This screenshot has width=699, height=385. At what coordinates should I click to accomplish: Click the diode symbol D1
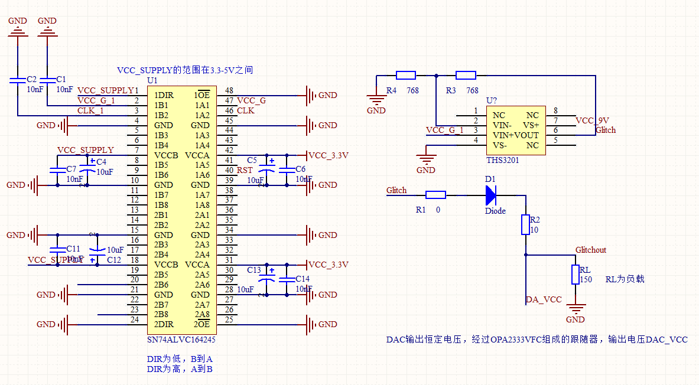tap(490, 194)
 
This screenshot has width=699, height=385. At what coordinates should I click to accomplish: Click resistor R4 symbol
tap(406, 75)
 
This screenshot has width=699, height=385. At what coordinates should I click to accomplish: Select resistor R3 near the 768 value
tap(466, 75)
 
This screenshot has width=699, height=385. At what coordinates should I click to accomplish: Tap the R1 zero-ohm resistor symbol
tap(436, 195)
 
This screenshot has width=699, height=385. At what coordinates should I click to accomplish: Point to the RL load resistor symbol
tap(576, 275)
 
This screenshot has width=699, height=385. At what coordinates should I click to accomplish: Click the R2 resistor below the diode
tap(525, 225)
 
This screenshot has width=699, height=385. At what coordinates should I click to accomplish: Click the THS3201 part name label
tap(502, 160)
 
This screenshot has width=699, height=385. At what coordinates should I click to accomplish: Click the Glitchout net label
tap(591, 250)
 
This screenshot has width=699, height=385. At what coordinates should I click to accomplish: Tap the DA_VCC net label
tap(544, 300)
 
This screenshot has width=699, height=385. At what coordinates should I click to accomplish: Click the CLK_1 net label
tap(90, 110)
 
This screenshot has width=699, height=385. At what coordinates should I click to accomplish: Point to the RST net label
tap(245, 170)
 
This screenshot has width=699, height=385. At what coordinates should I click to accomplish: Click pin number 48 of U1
tap(229, 90)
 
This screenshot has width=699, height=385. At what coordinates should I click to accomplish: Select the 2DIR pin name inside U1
tap(164, 324)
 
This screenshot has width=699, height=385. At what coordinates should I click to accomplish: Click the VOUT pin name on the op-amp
tap(527, 135)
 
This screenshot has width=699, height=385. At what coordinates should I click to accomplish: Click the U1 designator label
tap(152, 80)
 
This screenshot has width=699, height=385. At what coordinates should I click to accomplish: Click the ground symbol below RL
tap(576, 308)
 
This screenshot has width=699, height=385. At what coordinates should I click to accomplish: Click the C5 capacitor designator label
tap(252, 160)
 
